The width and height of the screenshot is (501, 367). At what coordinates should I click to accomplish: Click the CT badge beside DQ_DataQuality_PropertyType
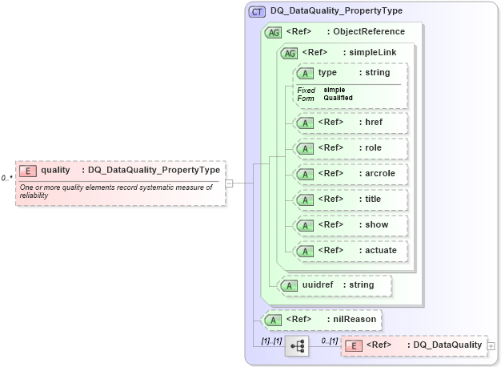[257, 11]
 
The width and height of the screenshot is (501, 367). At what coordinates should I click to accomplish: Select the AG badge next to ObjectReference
[273, 33]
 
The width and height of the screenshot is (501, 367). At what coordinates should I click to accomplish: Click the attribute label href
[374, 123]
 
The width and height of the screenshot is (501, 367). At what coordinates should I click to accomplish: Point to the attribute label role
[373, 148]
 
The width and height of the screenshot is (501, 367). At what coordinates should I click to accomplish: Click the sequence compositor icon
[297, 345]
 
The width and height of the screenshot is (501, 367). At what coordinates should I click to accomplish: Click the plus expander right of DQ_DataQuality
[491, 345]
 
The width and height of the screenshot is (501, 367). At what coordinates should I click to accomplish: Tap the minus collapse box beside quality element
[230, 183]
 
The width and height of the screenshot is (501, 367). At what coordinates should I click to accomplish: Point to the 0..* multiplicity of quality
[6, 177]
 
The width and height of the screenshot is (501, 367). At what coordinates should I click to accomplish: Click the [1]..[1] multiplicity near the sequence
[272, 341]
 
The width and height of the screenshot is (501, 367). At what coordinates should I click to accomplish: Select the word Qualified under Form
[339, 98]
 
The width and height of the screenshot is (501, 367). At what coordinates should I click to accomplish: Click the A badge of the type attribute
[304, 73]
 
